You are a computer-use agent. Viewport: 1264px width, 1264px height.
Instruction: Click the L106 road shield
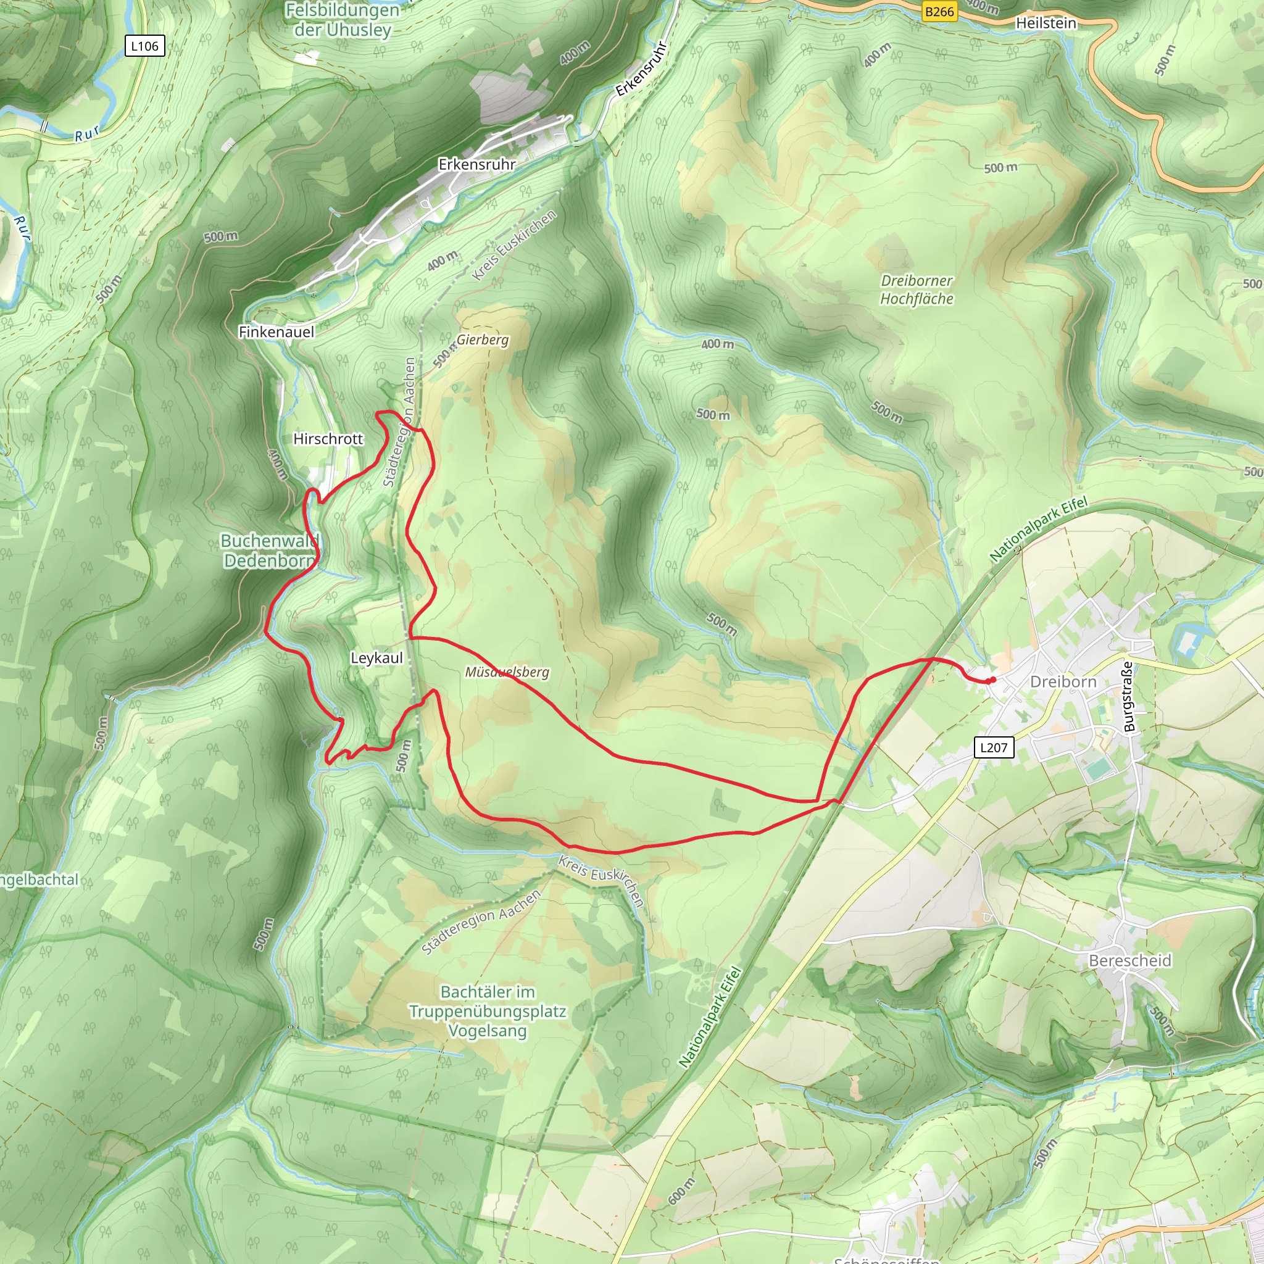[144, 46]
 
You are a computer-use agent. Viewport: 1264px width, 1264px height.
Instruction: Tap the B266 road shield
[939, 11]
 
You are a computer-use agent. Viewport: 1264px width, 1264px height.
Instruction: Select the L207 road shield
[994, 747]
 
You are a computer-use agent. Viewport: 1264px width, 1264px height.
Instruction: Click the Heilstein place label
[1046, 23]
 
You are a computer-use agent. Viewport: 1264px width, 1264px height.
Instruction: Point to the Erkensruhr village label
[477, 164]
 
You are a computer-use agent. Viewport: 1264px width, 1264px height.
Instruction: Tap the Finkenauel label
[276, 331]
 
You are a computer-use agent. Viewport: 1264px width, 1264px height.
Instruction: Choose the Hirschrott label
[328, 438]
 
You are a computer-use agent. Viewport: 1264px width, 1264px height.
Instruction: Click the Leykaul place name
[377, 657]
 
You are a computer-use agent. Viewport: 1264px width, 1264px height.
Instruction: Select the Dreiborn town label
[1063, 682]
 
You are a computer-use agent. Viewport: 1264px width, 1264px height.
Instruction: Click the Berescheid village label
[1130, 960]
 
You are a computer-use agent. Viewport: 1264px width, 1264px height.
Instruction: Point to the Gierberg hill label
[482, 339]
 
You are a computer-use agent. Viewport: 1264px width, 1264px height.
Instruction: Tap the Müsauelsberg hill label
[507, 672]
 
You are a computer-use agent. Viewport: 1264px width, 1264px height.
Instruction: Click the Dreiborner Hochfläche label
[917, 289]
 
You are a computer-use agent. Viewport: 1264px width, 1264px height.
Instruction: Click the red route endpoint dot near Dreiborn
[992, 680]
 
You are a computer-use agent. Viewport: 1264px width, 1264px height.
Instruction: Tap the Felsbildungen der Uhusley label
[342, 20]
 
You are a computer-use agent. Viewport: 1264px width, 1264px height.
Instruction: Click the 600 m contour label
[680, 1191]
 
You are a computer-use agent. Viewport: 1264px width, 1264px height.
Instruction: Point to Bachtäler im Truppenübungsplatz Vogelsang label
[488, 1011]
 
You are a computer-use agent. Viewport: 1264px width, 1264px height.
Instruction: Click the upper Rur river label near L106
[87, 134]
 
